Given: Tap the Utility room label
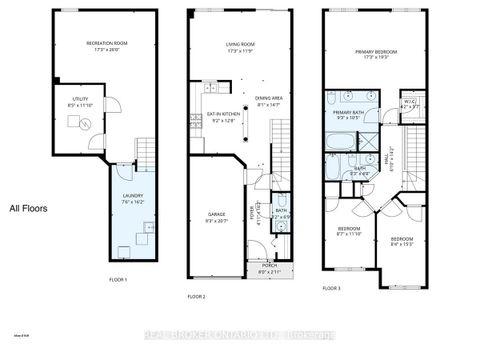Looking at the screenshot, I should [x=77, y=99].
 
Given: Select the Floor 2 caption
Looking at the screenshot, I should [x=196, y=297].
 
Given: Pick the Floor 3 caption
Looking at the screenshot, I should [x=331, y=288].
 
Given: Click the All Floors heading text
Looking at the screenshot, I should [x=31, y=209].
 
